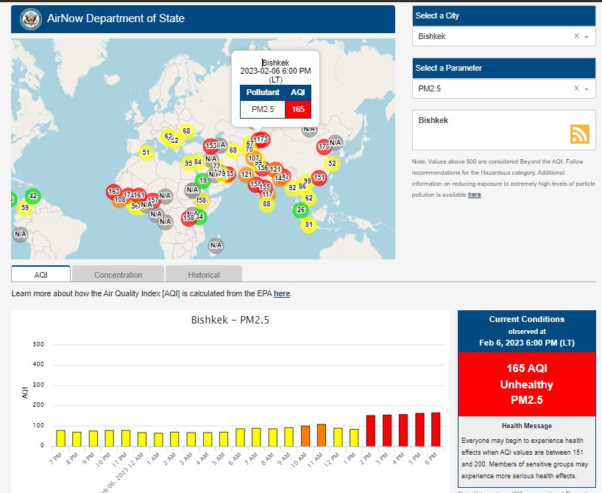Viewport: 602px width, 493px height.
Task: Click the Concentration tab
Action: pos(118,275)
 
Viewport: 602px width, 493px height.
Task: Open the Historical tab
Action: pos(204,275)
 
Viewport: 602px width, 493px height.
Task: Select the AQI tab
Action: pos(40,275)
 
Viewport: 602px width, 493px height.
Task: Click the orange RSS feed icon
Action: pos(580,133)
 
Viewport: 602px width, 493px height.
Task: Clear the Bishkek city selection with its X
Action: pos(576,36)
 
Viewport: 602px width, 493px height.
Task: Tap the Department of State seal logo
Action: pos(31,18)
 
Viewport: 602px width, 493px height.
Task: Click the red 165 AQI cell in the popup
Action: pos(297,109)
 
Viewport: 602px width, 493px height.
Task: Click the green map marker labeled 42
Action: pos(32,196)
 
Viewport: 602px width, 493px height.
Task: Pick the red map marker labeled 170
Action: pos(323,147)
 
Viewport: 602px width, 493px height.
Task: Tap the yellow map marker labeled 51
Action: pos(146,153)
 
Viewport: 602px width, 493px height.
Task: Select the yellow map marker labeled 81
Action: pos(308,225)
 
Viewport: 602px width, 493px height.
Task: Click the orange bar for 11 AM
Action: pos(322,435)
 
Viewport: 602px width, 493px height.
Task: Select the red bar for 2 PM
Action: pos(370,430)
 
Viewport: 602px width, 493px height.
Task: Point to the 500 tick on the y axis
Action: pos(38,344)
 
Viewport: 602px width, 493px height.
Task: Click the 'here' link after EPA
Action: pos(282,293)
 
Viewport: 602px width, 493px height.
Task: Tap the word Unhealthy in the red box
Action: pos(526,385)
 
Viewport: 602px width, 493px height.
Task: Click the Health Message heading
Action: pos(526,426)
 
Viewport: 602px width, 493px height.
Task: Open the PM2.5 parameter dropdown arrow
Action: pos(587,89)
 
